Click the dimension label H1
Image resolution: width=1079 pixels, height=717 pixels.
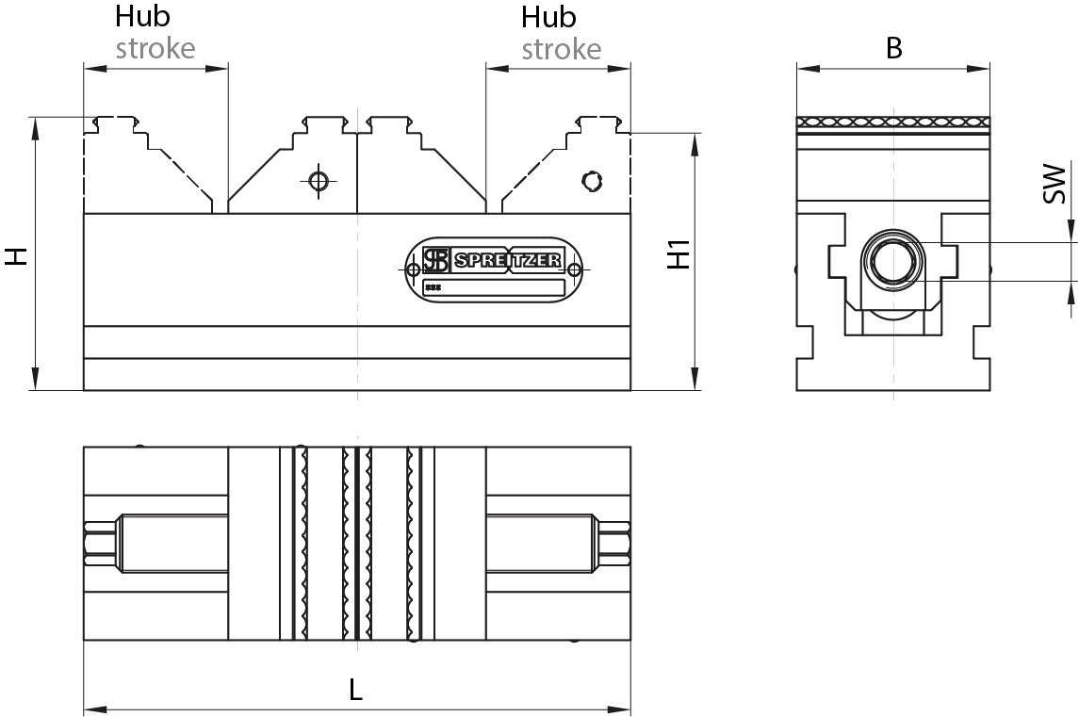coord(679,254)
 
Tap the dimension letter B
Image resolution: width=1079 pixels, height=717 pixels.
coord(893,48)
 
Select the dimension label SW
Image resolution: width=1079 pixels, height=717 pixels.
coord(1054,184)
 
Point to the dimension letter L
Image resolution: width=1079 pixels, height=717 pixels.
coord(355,690)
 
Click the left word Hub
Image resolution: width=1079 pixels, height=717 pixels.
coord(142,17)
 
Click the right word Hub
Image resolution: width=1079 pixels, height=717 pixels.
coord(548,17)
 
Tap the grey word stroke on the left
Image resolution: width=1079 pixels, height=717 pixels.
coord(155,48)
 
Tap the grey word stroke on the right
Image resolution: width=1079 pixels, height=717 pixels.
coord(562,49)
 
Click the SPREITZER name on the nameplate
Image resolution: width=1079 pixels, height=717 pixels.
coord(508,261)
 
